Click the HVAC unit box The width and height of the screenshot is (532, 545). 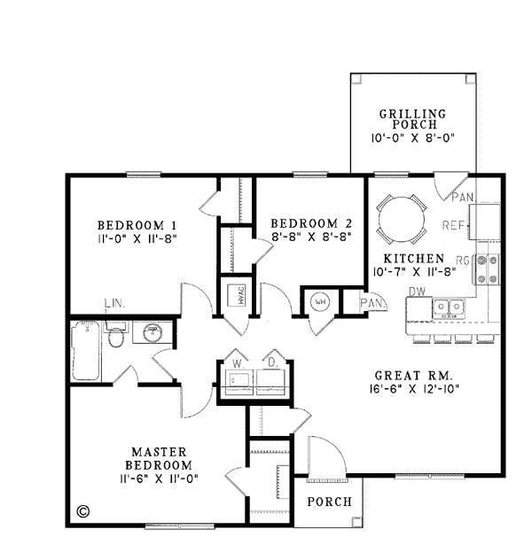pos(237,295)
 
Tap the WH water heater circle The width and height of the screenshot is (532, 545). pos(320,301)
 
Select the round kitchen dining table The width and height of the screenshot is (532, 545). pos(402,219)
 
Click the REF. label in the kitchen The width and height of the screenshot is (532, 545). pos(453,225)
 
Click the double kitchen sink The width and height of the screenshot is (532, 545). pos(449,308)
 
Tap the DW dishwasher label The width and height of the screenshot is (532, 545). pos(418,292)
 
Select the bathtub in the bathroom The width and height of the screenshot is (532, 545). pos(85,351)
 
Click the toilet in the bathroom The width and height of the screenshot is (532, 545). pos(115,335)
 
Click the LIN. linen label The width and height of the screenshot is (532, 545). pos(114,303)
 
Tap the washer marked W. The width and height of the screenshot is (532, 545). pos(239,382)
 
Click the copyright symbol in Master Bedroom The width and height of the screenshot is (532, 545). pos(82,511)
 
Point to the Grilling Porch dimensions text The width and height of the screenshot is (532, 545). pos(412,138)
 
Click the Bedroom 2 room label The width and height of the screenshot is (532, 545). pos(311,223)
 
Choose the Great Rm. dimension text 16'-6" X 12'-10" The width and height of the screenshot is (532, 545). pos(414,389)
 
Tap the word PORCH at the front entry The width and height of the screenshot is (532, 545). pos(329,502)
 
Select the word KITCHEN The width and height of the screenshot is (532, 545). pos(414,259)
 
